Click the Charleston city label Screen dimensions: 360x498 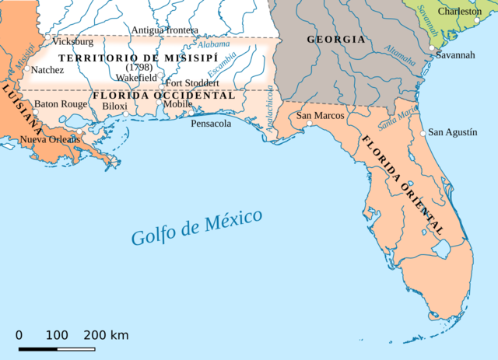(460, 12)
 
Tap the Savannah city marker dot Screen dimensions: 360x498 (432, 48)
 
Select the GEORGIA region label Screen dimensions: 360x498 (335, 39)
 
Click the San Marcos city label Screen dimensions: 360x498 (321, 116)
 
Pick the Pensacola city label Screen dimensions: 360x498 (212, 123)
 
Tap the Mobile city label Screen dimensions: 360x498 (177, 103)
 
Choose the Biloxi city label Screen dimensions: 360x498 (114, 106)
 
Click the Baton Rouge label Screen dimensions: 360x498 (61, 103)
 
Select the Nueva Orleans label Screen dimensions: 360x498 (49, 139)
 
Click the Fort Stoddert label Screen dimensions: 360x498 (192, 82)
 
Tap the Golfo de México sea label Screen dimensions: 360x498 (197, 227)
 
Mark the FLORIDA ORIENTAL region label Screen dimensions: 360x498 (402, 184)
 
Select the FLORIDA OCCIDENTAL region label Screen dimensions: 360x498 (163, 95)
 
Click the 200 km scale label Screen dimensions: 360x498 (107, 335)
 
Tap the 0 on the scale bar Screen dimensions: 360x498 (19, 335)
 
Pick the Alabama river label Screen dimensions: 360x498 (213, 45)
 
